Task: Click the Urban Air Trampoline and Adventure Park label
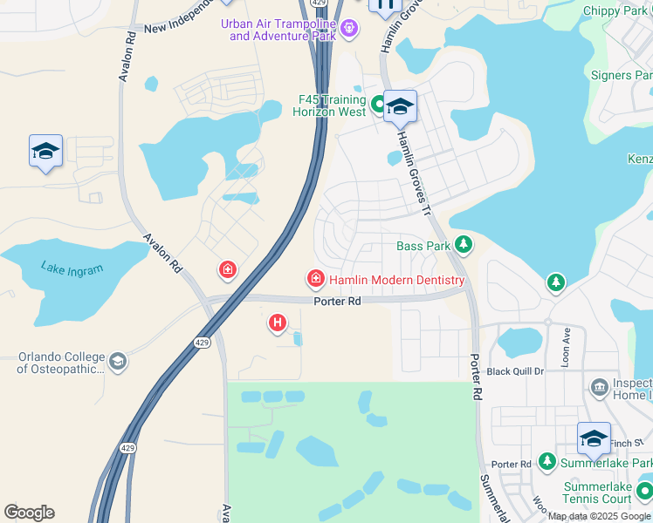[278, 30]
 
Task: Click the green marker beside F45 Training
[379, 105]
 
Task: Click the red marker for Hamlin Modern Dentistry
[315, 279]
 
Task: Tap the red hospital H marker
[278, 323]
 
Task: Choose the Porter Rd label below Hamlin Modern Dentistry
[337, 302]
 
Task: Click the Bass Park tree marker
[464, 246]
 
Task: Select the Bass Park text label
[423, 246]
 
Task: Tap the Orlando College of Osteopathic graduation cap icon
[117, 361]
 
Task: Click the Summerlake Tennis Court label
[597, 492]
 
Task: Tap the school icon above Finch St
[594, 438]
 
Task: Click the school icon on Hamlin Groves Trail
[400, 107]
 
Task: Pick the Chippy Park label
[622, 10]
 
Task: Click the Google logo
[29, 513]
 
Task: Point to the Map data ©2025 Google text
[599, 516]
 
